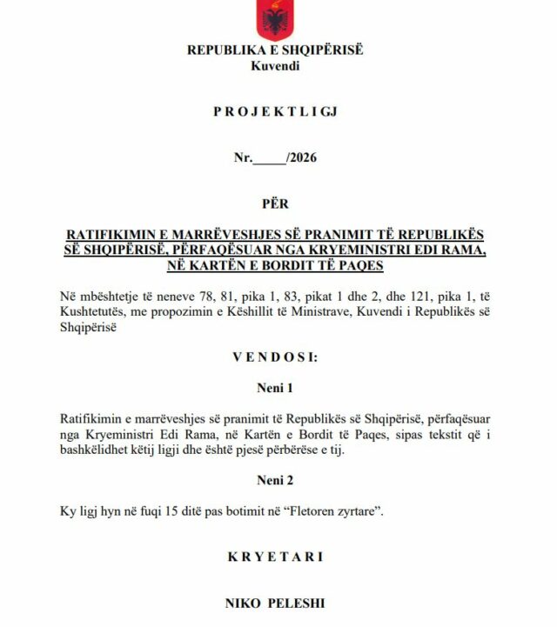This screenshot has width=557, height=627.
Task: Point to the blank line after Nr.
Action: [x=269, y=159]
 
